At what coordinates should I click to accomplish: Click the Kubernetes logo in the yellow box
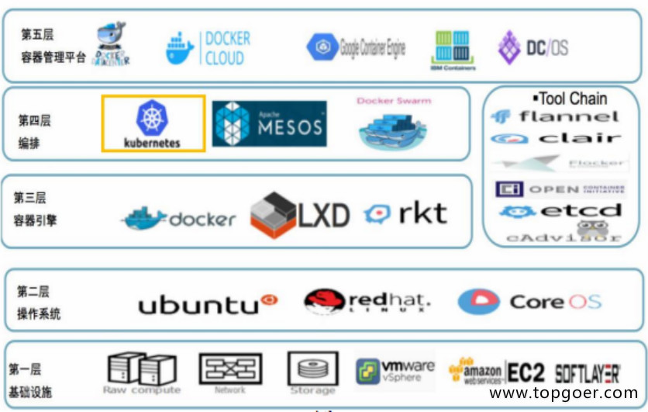click(153, 123)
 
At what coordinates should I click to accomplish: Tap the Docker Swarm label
click(394, 101)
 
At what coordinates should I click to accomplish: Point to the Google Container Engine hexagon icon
click(320, 47)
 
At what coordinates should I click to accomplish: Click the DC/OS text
click(547, 47)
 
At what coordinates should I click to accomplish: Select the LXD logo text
click(324, 215)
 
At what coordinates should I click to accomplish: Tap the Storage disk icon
click(312, 368)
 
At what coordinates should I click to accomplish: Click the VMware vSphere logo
click(395, 370)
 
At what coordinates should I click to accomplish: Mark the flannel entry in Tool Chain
click(555, 117)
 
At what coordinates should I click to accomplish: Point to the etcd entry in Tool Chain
click(560, 211)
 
